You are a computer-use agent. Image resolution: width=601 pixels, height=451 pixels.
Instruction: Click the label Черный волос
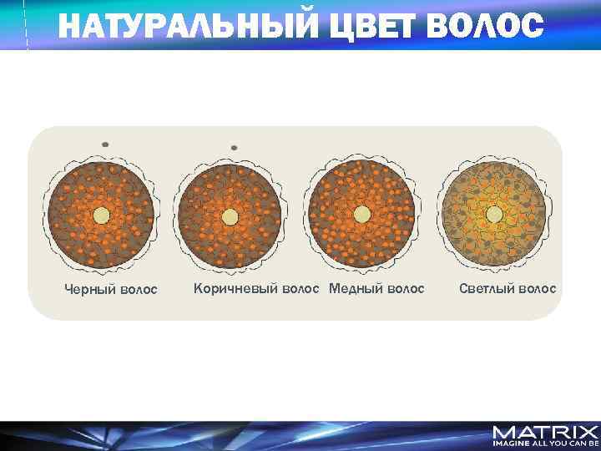(111, 290)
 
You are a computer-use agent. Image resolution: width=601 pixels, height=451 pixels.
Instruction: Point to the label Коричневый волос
(256, 289)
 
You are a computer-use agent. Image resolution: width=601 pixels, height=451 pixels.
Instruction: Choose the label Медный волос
(376, 289)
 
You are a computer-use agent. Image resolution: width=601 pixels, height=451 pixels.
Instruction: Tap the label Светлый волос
(508, 289)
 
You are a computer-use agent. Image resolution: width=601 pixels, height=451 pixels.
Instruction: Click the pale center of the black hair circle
(101, 215)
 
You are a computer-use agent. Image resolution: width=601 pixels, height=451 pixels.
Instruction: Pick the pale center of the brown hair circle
(231, 215)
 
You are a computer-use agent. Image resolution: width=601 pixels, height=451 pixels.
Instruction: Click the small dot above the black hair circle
(105, 144)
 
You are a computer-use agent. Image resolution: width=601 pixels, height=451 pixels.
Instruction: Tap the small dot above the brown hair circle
(234, 148)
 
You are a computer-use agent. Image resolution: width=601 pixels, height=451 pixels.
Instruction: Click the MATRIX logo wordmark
(544, 432)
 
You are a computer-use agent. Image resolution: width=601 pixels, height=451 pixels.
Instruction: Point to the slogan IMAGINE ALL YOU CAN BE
(544, 445)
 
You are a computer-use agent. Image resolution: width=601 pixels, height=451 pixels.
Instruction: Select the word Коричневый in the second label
(228, 289)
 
